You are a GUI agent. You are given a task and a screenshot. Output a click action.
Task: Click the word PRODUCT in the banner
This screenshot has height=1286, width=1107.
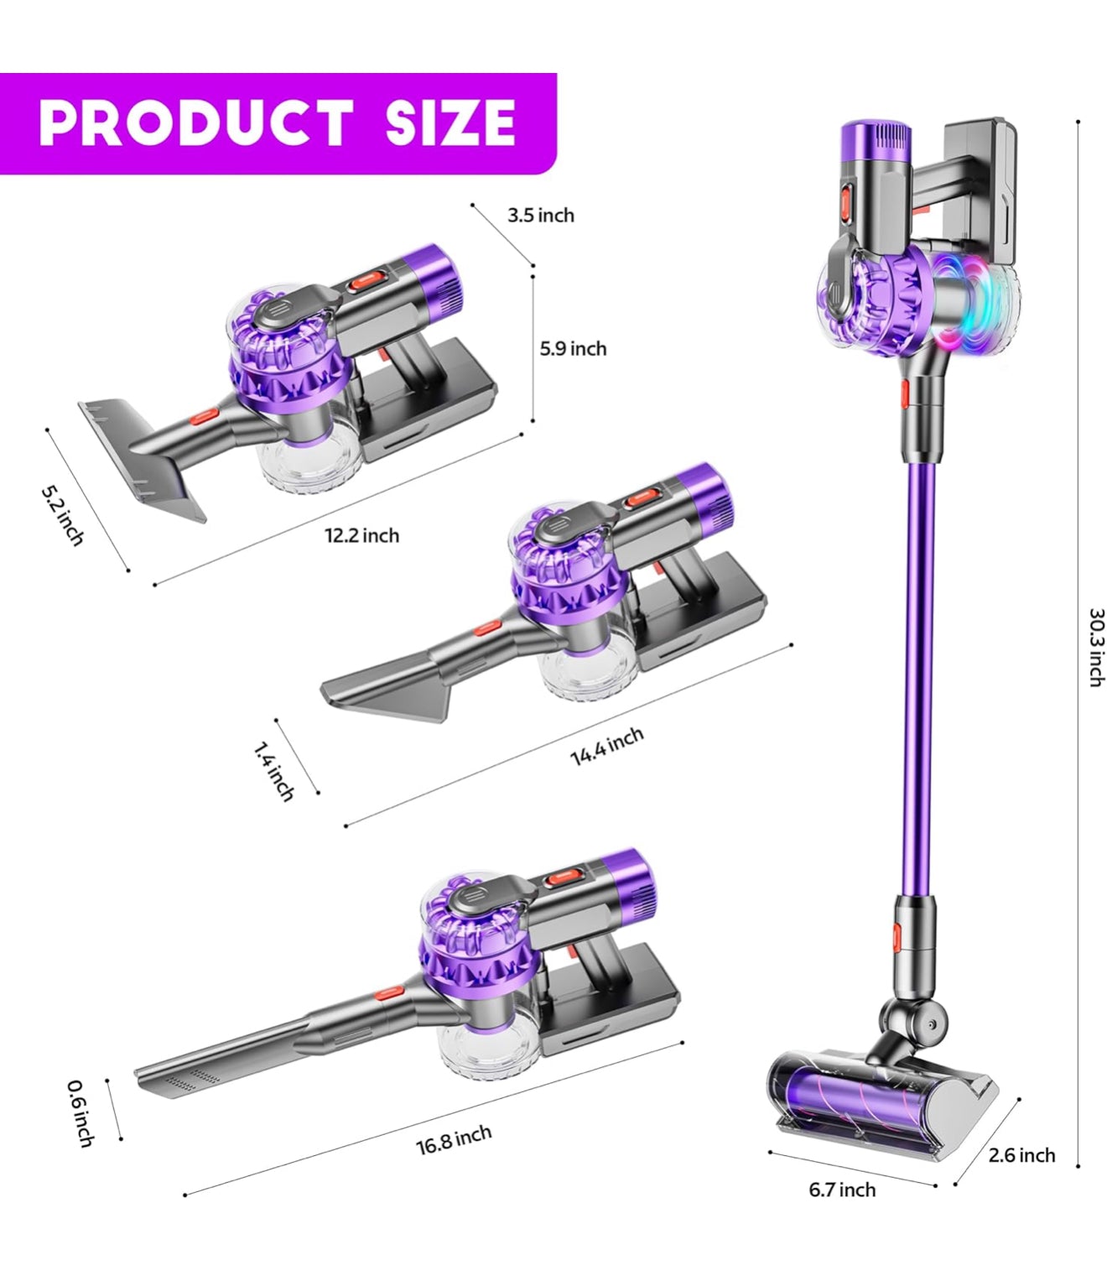(195, 122)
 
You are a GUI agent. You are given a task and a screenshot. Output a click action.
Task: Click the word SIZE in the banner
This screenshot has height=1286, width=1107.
(450, 122)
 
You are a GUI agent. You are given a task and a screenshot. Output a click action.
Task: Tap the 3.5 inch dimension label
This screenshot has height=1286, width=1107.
(541, 216)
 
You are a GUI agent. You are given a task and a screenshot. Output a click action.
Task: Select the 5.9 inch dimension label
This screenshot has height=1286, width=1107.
(573, 348)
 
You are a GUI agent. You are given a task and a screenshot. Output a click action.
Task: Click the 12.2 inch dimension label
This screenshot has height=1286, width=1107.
(362, 535)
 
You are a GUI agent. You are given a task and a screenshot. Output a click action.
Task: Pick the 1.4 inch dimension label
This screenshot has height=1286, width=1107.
(273, 771)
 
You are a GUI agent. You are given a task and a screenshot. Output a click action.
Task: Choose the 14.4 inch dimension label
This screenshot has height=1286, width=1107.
(607, 746)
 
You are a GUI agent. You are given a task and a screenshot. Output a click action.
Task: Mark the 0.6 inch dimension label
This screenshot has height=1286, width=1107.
(81, 1113)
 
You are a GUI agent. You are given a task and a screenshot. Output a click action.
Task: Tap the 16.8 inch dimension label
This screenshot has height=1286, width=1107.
(454, 1140)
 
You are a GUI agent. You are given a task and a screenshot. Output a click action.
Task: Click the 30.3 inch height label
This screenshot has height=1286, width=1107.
(1095, 647)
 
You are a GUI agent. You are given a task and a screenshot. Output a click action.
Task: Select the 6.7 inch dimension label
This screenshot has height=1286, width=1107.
(842, 1190)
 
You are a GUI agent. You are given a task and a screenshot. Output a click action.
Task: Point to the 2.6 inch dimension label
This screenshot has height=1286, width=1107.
(1021, 1155)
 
